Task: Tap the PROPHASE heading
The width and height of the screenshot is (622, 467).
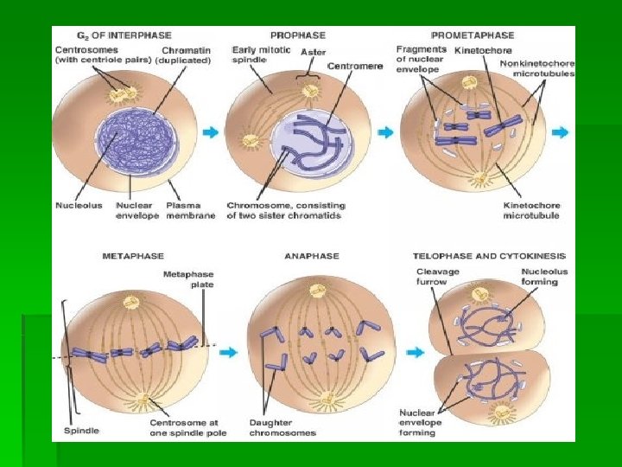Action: click(x=298, y=35)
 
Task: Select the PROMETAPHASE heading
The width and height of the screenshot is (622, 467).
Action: click(x=472, y=35)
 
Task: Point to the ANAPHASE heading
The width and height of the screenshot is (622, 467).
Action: click(x=311, y=256)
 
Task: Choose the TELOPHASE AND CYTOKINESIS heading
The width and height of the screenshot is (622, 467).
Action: click(x=489, y=256)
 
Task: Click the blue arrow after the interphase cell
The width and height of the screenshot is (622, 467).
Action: click(x=210, y=133)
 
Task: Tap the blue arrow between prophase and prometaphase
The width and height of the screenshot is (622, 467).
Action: click(x=386, y=133)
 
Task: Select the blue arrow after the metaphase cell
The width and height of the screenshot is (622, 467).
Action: click(x=228, y=353)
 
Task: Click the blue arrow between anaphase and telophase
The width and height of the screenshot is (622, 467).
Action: click(x=416, y=353)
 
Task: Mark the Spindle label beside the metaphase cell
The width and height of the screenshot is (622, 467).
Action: click(x=81, y=430)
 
